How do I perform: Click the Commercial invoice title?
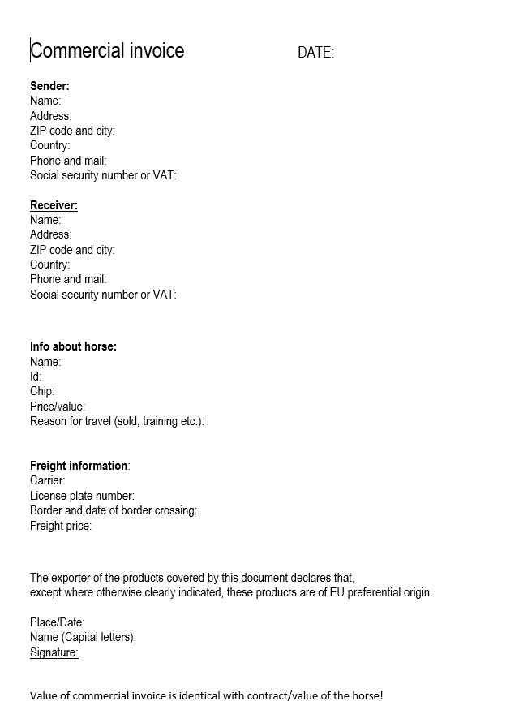(107, 51)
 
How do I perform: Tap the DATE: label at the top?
(315, 53)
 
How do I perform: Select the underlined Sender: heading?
(49, 86)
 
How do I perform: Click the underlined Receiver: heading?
(54, 205)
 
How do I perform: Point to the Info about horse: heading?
(73, 346)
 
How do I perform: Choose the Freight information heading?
(79, 466)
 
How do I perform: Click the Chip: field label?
(42, 391)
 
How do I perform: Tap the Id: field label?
(36, 376)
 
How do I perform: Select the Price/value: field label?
(58, 407)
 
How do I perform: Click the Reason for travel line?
(117, 421)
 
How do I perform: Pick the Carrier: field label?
(48, 480)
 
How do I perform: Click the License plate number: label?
(82, 496)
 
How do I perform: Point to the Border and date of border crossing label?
(114, 510)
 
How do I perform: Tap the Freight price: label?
(61, 526)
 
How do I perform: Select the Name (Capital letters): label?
(83, 637)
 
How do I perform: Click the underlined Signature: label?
(54, 652)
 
